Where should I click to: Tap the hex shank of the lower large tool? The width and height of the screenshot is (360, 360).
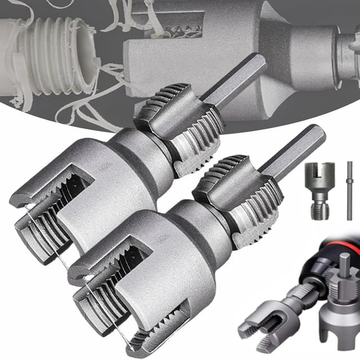(x=292, y=152)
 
